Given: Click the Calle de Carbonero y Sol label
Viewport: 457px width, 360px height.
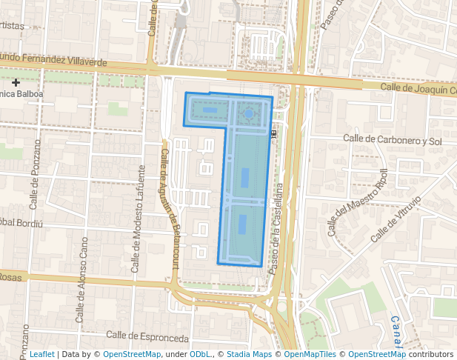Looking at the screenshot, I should pos(393,139).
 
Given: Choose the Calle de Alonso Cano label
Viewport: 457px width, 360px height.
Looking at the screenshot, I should pos(82,270).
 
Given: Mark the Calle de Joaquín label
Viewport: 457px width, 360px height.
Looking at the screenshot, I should pos(418,89).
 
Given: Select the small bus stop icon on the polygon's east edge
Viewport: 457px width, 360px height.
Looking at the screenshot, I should pos(274,133).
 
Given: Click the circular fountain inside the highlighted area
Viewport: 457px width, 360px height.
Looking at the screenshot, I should pos(249,113).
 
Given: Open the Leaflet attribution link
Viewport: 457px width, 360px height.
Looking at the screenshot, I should pos(41,354).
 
